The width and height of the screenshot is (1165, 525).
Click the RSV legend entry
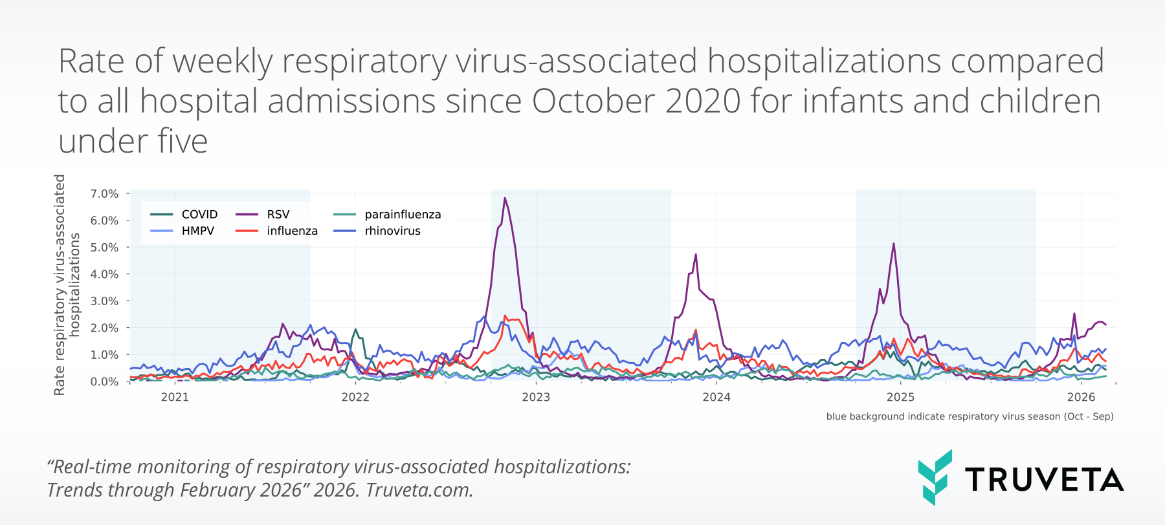pyautogui.click(x=278, y=214)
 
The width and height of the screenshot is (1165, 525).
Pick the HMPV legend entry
pyautogui.click(x=197, y=231)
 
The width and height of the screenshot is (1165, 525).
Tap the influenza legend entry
pyautogui.click(x=292, y=231)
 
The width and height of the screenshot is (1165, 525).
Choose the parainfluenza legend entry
pyautogui.click(x=403, y=214)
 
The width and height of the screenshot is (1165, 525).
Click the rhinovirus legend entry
pyautogui.click(x=392, y=231)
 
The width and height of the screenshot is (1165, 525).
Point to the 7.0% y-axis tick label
pyautogui.click(x=104, y=194)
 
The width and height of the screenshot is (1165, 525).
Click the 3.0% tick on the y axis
pyautogui.click(x=104, y=301)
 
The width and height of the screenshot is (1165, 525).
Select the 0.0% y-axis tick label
pyautogui.click(x=104, y=381)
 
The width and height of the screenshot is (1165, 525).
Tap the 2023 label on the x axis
pyautogui.click(x=536, y=397)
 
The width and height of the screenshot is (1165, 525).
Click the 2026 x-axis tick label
pyautogui.click(x=1081, y=397)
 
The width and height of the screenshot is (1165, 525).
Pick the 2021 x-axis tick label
pyautogui.click(x=175, y=397)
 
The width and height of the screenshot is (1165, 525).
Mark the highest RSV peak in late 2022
pyautogui.click(x=505, y=198)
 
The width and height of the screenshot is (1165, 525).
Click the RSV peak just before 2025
pyautogui.click(x=894, y=244)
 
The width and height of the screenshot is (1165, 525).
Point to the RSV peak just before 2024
pyautogui.click(x=696, y=254)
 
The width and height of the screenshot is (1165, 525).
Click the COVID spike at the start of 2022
pyautogui.click(x=355, y=329)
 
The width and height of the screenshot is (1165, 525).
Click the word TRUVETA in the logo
pyautogui.click(x=1044, y=480)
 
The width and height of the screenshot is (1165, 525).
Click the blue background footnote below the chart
pyautogui.click(x=970, y=416)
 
